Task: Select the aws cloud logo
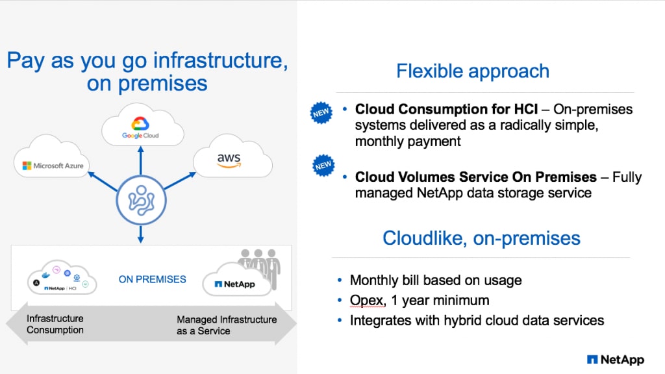228,158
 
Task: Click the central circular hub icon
140,199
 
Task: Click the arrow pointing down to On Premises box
140,234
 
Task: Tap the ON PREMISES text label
152,279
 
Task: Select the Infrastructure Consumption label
55,325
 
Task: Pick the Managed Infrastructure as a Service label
227,325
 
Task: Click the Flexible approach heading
473,71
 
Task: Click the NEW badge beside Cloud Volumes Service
323,166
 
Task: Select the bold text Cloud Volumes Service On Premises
475,177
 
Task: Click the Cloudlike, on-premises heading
481,238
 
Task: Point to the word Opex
364,301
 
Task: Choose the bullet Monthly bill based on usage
435,280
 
